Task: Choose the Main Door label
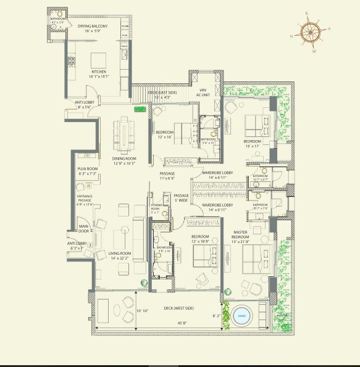pyautogui.click(x=83, y=229)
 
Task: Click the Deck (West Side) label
pyautogui.click(x=178, y=308)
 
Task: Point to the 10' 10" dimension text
pyautogui.click(x=143, y=311)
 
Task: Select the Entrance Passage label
pyautogui.click(x=85, y=200)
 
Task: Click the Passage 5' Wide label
pyautogui.click(x=180, y=197)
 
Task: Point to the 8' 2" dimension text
pyautogui.click(x=217, y=316)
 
